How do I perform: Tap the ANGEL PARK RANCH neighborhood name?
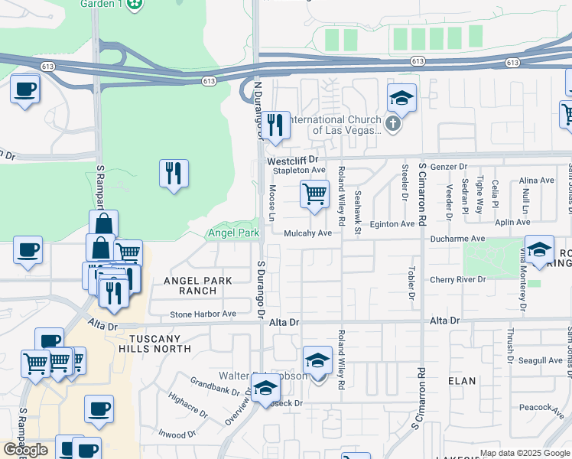(x=197, y=285)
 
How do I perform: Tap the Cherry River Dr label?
(x=457, y=279)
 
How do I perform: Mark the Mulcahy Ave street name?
(x=307, y=233)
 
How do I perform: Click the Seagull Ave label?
(x=540, y=360)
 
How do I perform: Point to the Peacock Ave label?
(x=541, y=408)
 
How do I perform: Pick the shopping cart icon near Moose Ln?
(x=314, y=194)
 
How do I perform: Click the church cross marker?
(x=393, y=124)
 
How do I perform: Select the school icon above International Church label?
(x=401, y=98)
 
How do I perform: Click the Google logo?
(x=25, y=450)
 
